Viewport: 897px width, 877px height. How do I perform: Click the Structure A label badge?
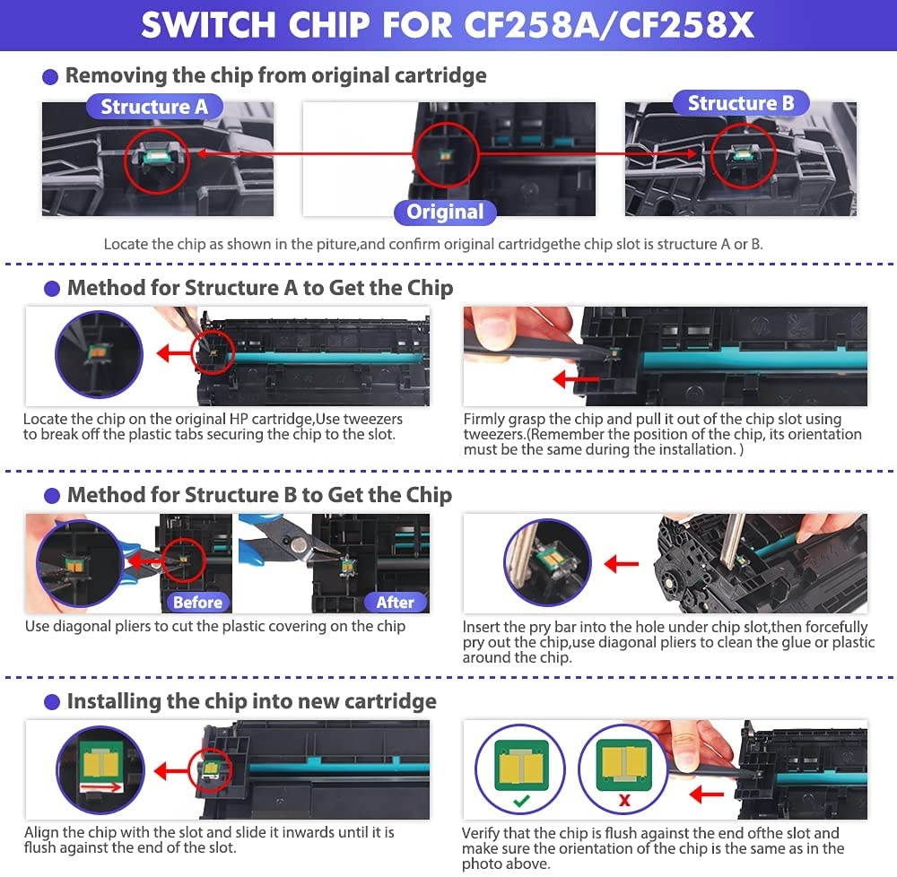point(154,107)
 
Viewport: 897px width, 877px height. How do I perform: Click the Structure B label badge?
point(741,103)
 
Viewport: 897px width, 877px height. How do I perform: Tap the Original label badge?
point(445,213)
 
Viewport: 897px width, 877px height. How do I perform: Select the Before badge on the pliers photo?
point(197,602)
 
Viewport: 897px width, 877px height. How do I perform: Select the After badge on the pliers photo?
point(396,602)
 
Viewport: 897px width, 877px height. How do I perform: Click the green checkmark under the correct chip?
point(521,802)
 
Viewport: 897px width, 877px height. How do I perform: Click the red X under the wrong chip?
point(624,800)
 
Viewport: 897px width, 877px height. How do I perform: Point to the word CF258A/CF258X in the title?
point(609,25)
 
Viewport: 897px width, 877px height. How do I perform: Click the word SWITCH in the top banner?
point(208,25)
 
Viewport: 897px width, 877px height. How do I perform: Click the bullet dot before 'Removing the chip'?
point(50,76)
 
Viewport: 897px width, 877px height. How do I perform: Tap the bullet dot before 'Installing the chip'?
point(52,702)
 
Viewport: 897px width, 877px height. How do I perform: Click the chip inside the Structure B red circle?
point(742,154)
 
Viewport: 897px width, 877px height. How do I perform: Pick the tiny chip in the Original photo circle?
point(445,155)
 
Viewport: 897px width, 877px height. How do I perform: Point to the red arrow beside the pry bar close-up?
point(622,564)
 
